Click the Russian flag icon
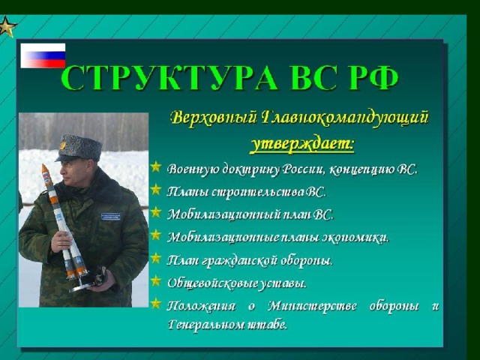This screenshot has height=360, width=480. (43, 55)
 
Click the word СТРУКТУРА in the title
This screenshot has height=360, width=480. (169, 77)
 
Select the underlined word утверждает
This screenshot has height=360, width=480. (302, 143)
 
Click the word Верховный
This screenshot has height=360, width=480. (214, 118)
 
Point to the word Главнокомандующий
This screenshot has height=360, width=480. (345, 118)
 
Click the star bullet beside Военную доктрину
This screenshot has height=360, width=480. (156, 167)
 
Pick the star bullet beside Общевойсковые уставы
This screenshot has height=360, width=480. (156, 280)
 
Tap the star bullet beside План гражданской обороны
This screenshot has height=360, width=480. (156, 258)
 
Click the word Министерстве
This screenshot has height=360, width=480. (312, 306)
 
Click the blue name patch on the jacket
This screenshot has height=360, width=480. (111, 217)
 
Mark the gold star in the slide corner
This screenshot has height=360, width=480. (7, 27)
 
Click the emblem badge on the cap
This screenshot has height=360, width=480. (63, 145)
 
